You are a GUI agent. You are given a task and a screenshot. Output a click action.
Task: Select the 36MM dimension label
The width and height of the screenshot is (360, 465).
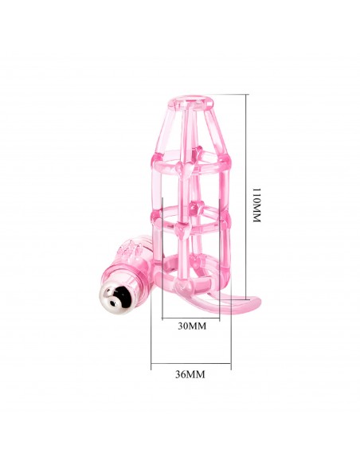click(190, 374)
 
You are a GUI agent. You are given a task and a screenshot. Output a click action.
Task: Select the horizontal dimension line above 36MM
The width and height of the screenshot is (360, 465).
click(191, 365)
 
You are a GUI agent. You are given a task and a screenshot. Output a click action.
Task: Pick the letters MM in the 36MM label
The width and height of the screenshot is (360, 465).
click(198, 374)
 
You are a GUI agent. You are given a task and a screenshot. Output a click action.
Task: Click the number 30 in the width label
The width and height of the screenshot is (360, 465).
click(183, 326)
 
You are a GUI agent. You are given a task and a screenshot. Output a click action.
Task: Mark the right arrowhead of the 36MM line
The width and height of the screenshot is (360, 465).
click(229, 365)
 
